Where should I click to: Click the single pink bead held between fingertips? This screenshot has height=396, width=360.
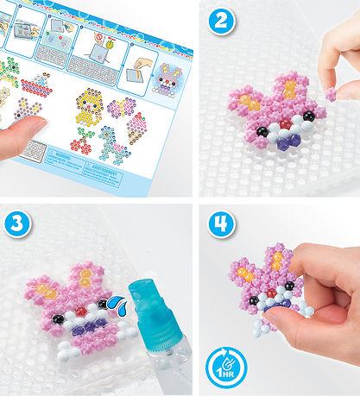(330, 92)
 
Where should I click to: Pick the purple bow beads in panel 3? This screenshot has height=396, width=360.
(80, 325)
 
